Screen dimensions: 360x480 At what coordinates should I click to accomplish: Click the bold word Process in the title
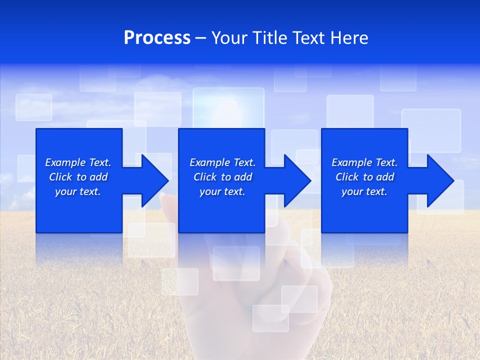point(157,38)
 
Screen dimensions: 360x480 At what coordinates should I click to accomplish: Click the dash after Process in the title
point(201,38)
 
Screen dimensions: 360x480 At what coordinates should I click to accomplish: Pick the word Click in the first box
point(61,177)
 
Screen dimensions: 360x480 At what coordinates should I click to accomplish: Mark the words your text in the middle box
point(222,191)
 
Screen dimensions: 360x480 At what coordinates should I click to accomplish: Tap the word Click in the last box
point(347,177)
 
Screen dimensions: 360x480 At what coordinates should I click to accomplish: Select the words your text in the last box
point(364,191)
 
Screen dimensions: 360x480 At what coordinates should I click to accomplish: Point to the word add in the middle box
point(243,177)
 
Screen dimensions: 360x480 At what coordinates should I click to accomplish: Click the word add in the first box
point(98,177)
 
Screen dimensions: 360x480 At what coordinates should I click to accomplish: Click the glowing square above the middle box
point(228,108)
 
